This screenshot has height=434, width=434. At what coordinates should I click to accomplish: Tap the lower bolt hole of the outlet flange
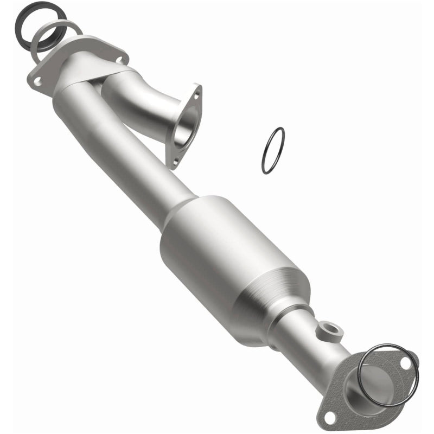point(328,416)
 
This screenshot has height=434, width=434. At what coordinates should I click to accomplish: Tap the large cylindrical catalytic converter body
point(228,260)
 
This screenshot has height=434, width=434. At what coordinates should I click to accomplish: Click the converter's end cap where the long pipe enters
point(179,217)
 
